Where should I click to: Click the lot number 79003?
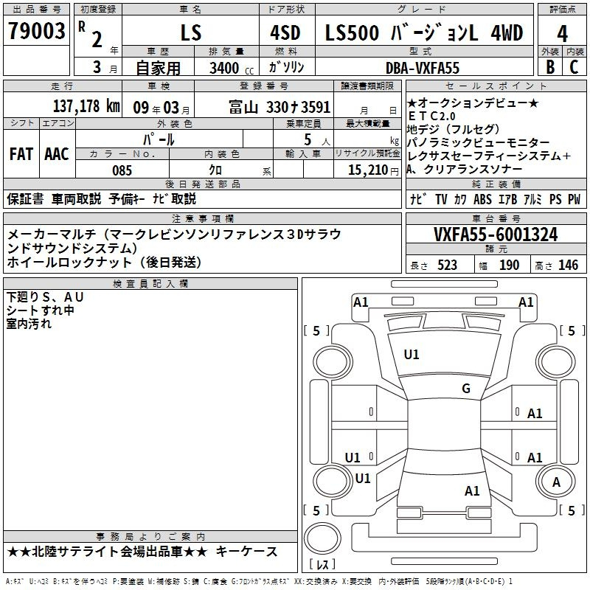(36, 31)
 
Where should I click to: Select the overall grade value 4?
(562, 34)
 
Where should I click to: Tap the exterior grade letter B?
(550, 67)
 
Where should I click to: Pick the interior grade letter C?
(574, 67)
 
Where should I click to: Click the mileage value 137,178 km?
(86, 106)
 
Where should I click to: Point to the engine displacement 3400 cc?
(232, 68)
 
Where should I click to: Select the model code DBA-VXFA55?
(423, 68)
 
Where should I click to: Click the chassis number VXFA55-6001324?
(496, 234)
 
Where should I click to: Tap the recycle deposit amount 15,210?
(368, 170)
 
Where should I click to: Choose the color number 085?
(122, 170)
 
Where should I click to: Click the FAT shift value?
(21, 154)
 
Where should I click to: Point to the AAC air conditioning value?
(57, 154)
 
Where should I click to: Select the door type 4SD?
(285, 32)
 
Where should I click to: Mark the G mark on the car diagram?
(466, 389)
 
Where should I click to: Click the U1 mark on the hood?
(412, 355)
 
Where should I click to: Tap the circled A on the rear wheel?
(556, 482)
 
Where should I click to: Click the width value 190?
(509, 265)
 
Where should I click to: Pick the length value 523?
(447, 265)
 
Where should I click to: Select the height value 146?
(568, 265)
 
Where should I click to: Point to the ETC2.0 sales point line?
(431, 116)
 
